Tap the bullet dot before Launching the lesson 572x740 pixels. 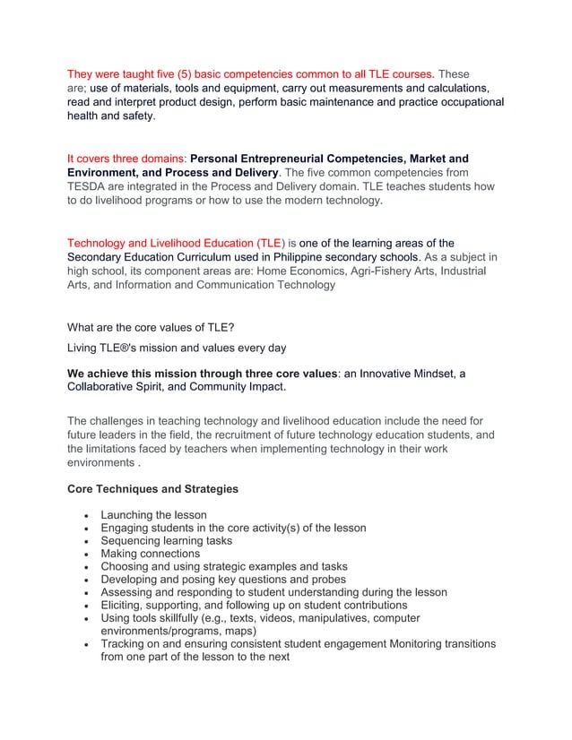pos(83,515)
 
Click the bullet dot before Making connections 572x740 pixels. pos(83,554)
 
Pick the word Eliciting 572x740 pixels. pos(126,605)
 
